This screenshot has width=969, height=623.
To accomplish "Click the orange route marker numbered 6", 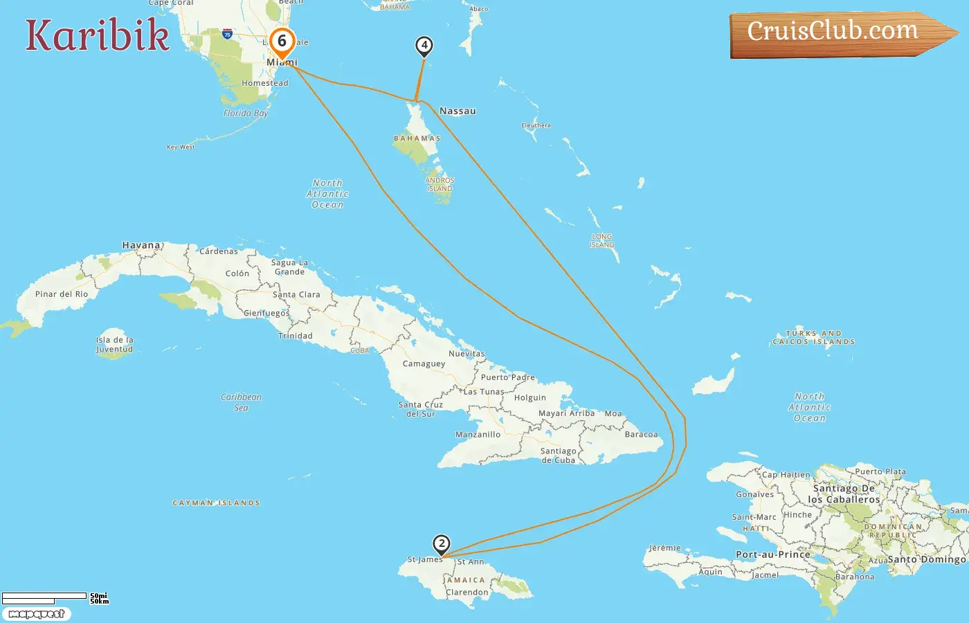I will [282, 42].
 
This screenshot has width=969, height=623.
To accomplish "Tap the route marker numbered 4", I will [424, 46].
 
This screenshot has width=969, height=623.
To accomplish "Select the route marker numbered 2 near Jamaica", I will [441, 543].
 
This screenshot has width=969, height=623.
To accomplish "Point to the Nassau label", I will [458, 111].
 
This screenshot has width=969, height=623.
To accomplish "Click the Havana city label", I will [141, 245].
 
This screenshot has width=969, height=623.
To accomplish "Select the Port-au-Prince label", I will [772, 554].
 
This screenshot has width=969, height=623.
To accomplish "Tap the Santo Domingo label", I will [926, 559].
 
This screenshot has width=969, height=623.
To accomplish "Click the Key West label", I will [181, 147].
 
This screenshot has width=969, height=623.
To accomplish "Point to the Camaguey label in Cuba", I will [424, 363].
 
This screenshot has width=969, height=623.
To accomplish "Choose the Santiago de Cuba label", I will [558, 455].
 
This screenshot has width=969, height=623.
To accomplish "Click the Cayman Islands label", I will [216, 503].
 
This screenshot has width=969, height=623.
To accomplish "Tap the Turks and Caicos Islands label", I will [813, 338].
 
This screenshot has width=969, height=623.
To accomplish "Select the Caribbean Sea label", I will [241, 402].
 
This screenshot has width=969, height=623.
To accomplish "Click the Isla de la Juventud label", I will [115, 345].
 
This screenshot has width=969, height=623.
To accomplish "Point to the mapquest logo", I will [36, 614].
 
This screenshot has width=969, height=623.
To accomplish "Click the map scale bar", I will [45, 597].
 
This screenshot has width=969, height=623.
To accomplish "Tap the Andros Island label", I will [440, 184].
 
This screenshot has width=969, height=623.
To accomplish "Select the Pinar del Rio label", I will [62, 294].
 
